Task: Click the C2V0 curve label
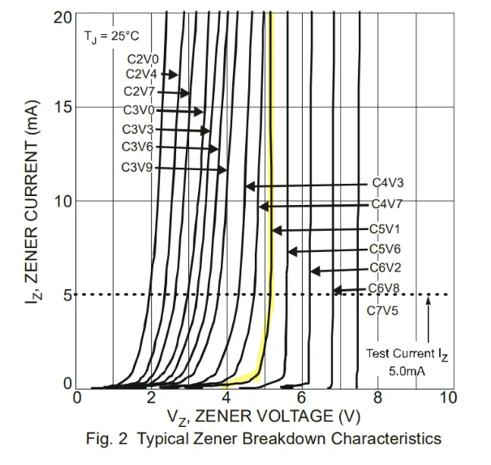[143, 58]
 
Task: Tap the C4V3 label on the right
[387, 184]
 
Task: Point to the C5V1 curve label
[385, 229]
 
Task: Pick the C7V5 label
[383, 309]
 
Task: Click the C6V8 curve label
[385, 288]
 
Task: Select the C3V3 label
[137, 130]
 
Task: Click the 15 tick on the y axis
[63, 108]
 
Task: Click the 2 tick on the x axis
[151, 398]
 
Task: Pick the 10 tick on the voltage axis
[447, 398]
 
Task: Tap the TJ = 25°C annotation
[111, 37]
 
